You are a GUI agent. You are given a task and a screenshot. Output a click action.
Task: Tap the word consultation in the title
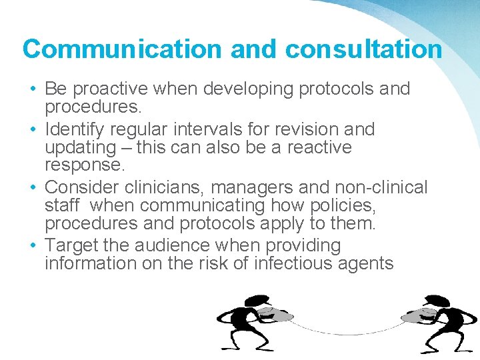click(363, 49)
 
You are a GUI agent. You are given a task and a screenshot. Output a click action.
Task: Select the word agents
click(367, 263)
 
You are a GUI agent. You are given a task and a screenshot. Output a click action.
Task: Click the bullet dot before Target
click(33, 246)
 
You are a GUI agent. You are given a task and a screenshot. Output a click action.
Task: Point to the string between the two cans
click(347, 331)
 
